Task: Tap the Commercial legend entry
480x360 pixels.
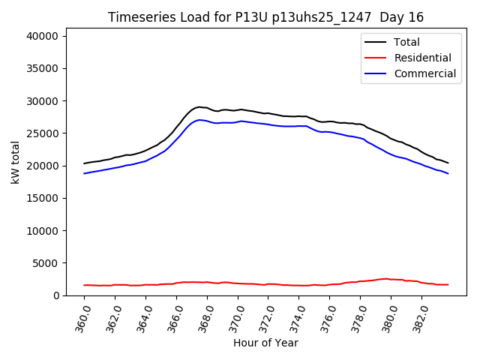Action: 424,73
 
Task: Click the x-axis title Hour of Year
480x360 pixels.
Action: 265,343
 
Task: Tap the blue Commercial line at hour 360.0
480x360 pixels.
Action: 85,173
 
